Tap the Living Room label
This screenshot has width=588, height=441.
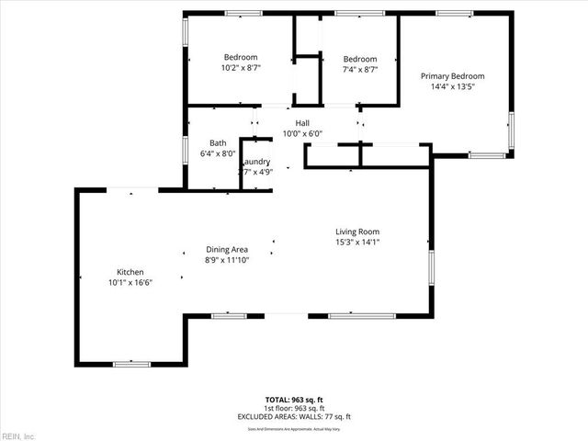pyautogui.click(x=356, y=232)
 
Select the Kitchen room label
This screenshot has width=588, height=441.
pyautogui.click(x=130, y=272)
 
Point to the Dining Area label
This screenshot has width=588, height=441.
pyautogui.click(x=227, y=250)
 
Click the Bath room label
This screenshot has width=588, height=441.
pyautogui.click(x=218, y=142)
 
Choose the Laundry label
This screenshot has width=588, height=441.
pyautogui.click(x=254, y=162)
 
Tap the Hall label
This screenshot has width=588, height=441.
pyautogui.click(x=302, y=123)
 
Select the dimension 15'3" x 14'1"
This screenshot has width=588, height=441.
pyautogui.click(x=356, y=243)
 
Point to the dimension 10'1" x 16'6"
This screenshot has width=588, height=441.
pyautogui.click(x=130, y=283)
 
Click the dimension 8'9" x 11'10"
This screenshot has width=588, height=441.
pyautogui.click(x=227, y=260)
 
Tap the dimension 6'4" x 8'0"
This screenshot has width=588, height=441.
pyautogui.click(x=218, y=153)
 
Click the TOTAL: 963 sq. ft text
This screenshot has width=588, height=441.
pyautogui.click(x=294, y=399)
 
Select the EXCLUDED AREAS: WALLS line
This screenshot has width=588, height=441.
pyautogui.click(x=294, y=416)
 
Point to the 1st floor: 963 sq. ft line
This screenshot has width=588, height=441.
pyautogui.click(x=294, y=408)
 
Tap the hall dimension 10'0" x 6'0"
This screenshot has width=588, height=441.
pyautogui.click(x=302, y=134)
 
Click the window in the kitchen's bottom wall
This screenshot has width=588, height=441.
pyautogui.click(x=131, y=364)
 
